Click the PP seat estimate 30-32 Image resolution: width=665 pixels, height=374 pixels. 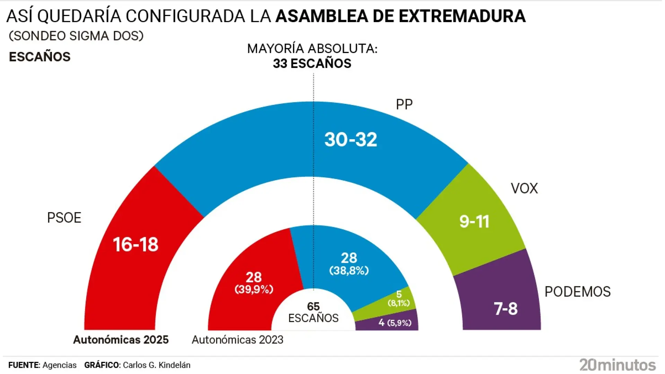pos(351,140)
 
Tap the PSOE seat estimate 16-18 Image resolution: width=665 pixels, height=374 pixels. pos(135,244)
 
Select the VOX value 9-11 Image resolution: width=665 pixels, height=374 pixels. pos(474,222)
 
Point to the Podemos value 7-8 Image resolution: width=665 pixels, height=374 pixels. pos(505,309)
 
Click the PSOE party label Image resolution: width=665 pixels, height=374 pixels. pos(64,218)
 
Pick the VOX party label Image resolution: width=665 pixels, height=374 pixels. pos(524,188)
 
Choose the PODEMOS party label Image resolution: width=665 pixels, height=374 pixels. pos(577,292)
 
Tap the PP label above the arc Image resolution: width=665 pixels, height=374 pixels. pos(404,104)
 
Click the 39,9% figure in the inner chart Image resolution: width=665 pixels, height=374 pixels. pos(254,289)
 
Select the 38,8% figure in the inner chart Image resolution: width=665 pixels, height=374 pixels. pos(349,270)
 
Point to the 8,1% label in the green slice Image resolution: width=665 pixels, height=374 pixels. pos(399,303)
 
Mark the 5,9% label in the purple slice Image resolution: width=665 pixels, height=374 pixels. pos(399,323)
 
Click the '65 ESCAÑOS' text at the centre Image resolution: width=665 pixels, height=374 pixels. pos(313,312)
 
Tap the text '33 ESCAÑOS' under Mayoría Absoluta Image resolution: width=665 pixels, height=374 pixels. pos(312,64)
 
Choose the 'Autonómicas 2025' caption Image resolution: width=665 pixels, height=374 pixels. pos(121,340)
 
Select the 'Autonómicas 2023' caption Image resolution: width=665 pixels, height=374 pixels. pos(237,340)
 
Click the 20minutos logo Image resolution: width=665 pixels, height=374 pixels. pos(617,365)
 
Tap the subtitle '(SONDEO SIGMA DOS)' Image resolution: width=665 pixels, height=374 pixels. pos(76,36)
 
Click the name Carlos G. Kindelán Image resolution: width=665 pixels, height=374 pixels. pos(157,365)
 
